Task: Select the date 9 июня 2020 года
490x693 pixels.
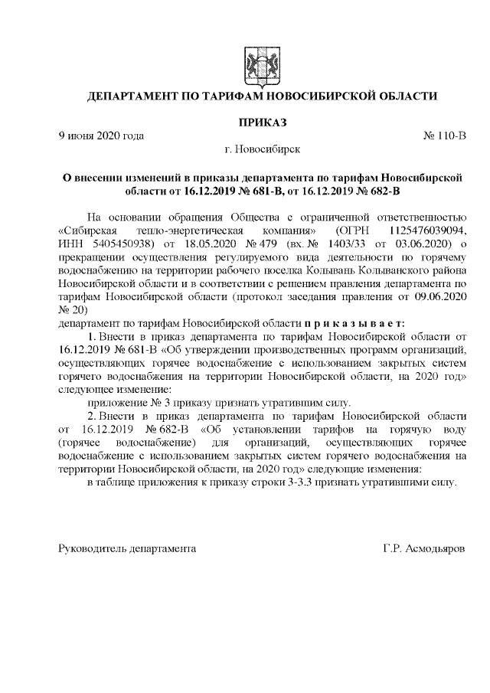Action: tap(102, 136)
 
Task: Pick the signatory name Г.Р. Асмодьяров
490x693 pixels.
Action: tap(423, 549)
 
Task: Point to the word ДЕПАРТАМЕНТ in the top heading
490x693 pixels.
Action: tap(132, 96)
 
